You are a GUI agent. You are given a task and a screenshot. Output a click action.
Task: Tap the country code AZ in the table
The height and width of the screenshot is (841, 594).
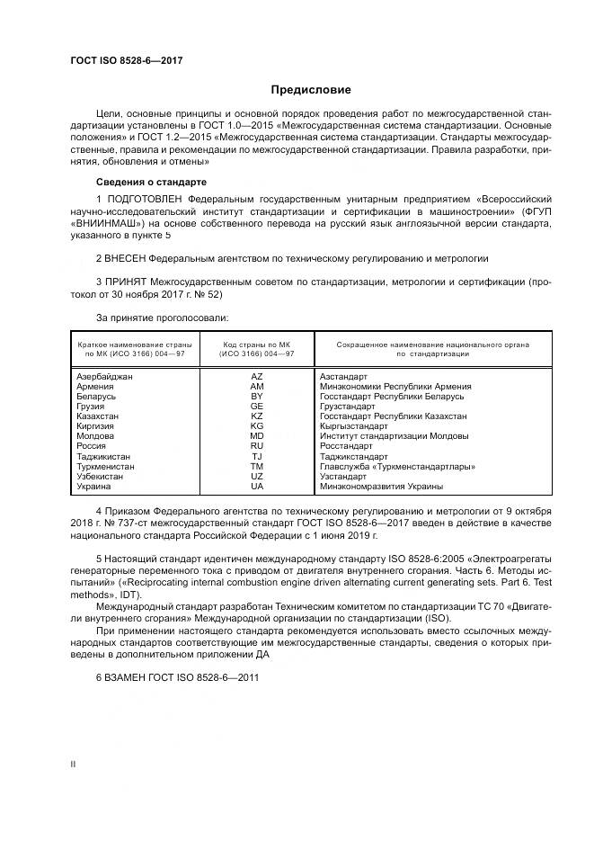click(x=257, y=377)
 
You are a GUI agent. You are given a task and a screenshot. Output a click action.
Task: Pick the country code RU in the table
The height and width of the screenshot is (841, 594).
click(x=257, y=446)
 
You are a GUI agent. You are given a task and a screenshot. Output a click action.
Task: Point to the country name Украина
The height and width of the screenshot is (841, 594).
click(x=94, y=487)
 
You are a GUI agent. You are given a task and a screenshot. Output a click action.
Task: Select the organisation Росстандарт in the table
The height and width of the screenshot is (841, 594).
click(x=346, y=446)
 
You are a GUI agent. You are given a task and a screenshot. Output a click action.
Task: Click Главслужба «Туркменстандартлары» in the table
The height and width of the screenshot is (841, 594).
click(x=397, y=467)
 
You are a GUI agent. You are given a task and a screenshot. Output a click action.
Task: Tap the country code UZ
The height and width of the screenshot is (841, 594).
click(x=257, y=477)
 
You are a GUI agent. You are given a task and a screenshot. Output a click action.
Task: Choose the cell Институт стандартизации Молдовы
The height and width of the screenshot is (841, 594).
click(x=394, y=436)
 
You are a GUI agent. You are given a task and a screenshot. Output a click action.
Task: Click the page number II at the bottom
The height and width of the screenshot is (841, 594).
click(x=74, y=764)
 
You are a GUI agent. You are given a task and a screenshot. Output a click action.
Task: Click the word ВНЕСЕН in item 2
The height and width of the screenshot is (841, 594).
click(x=129, y=258)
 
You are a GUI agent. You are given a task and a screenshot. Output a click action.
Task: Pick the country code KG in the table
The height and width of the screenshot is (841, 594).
click(x=257, y=426)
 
